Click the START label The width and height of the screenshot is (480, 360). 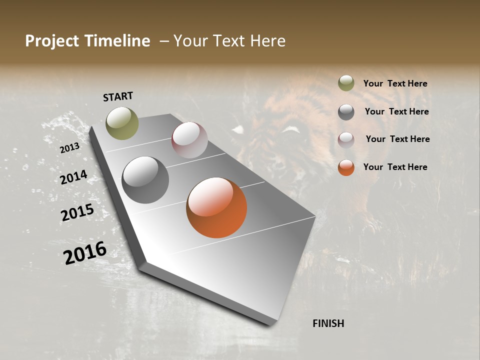pos(118,96)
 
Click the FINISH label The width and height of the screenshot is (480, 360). pos(328,323)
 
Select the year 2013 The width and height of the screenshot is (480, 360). pos(69,148)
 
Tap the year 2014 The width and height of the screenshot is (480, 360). pos(73,177)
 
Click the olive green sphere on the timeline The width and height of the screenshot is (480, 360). pos(122,123)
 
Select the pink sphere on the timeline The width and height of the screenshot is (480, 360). pos(189,140)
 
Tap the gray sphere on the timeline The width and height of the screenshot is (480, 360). pos(145,180)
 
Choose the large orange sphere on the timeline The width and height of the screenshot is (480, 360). pos(216,207)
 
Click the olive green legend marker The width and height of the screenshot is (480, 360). pos(346,83)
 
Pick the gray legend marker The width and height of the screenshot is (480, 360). pos(346,112)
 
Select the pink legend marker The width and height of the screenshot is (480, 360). pos(346,139)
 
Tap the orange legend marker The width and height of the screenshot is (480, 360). pos(346,167)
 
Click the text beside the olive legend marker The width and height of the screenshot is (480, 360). pos(395,83)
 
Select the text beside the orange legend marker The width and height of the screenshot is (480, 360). pos(395,167)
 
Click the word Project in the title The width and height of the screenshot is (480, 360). pos(51,41)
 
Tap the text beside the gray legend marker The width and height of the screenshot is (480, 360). pos(396,111)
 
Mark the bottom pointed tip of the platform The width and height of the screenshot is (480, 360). pos(270,324)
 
